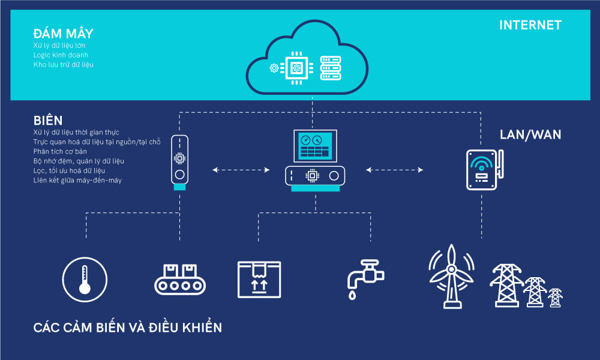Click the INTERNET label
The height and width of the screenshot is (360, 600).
(530, 25)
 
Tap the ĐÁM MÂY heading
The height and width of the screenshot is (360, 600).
(63, 33)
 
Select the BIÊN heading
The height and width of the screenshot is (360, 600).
(48, 121)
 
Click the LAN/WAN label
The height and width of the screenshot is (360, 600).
(530, 134)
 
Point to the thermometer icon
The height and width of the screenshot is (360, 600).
(85, 279)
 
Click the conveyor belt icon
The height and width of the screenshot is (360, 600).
(180, 279)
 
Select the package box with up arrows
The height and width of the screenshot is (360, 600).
(259, 280)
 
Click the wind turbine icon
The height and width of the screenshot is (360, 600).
(452, 276)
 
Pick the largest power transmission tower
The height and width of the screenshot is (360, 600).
(506, 286)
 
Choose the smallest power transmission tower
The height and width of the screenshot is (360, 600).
(555, 298)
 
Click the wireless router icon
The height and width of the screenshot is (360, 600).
(484, 170)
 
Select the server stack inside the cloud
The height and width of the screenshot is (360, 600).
(331, 68)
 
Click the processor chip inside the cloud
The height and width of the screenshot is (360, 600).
(296, 68)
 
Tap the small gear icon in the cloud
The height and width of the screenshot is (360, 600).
(274, 68)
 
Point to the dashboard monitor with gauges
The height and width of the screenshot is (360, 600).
(316, 146)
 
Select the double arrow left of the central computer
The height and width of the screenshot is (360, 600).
(241, 170)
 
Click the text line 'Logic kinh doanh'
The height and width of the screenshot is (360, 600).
(61, 55)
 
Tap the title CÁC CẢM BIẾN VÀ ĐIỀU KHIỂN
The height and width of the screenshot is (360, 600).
(127, 328)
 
